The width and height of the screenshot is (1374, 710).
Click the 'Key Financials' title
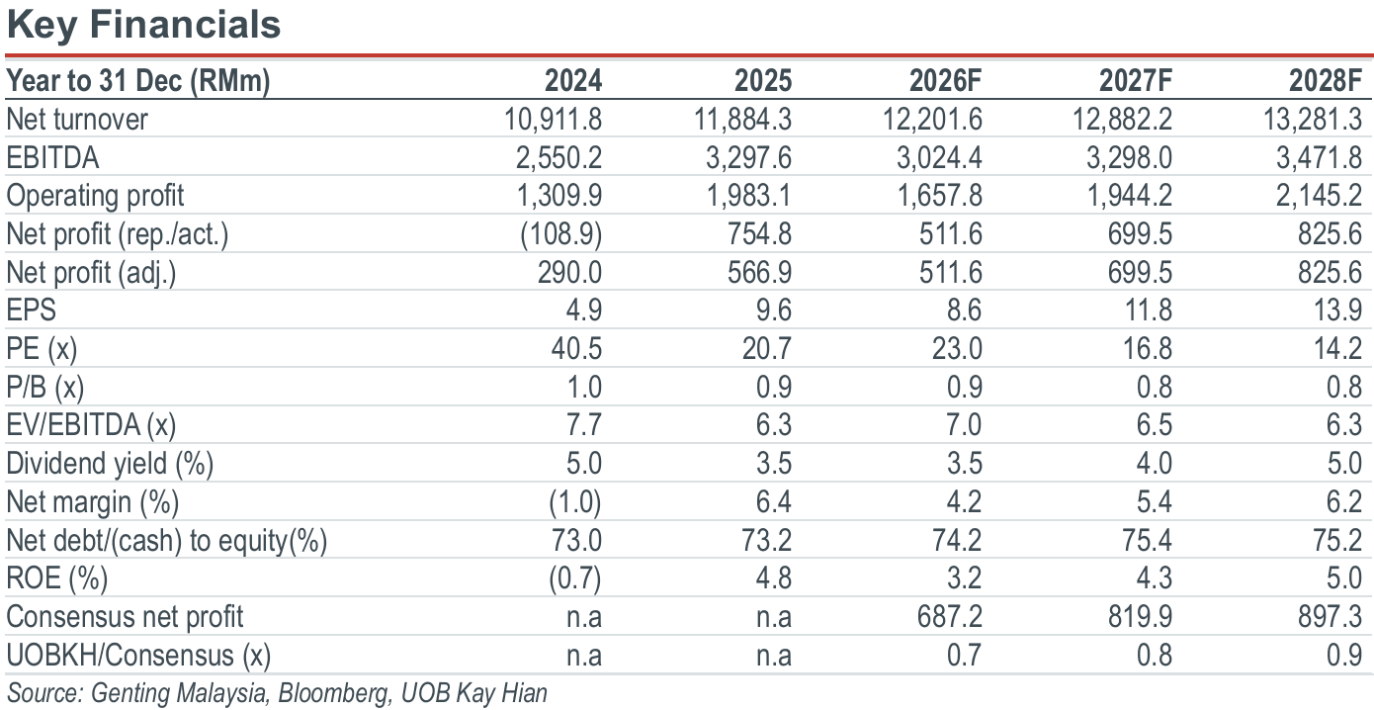tap(143, 25)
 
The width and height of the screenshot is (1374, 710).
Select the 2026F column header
tap(945, 80)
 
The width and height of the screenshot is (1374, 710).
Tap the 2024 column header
tap(573, 80)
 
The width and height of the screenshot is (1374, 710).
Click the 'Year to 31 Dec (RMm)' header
tap(138, 81)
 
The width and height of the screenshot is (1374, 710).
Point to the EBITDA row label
tap(52, 157)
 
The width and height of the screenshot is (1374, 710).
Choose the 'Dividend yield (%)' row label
tap(110, 464)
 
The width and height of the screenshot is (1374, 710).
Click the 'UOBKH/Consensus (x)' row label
tap(138, 656)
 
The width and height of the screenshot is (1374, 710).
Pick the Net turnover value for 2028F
tap(1313, 119)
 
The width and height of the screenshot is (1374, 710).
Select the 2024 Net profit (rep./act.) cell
tap(561, 234)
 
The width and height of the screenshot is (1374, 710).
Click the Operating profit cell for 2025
tap(749, 196)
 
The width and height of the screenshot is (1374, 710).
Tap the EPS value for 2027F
tap(1149, 310)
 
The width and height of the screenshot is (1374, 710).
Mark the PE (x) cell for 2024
tap(576, 348)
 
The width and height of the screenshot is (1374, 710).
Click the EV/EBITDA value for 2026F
tap(964, 424)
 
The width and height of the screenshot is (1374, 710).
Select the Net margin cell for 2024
tap(575, 502)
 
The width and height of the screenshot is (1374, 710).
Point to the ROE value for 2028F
tap(1345, 578)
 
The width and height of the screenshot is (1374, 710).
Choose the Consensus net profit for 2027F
tap(1141, 617)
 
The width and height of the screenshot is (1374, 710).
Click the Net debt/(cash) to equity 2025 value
tap(766, 540)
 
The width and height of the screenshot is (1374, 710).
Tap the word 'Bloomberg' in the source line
tap(334, 693)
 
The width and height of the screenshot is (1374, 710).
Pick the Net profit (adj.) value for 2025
tap(760, 272)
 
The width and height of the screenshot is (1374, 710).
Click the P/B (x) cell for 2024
tap(584, 388)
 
